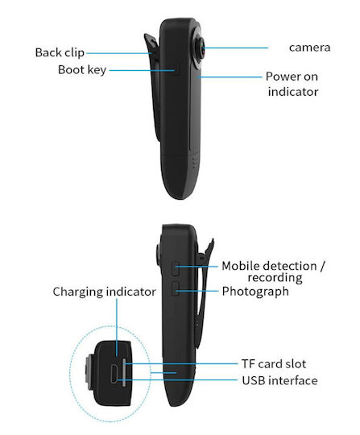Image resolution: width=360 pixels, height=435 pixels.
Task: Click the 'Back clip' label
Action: click(x=60, y=52)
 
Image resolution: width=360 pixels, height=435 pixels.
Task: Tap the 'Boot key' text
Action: click(x=82, y=70)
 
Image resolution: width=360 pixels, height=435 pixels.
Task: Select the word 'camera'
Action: click(x=309, y=48)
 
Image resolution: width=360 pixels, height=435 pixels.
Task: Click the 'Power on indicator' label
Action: click(x=292, y=84)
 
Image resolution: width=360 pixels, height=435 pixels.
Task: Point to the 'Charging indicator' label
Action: click(x=104, y=292)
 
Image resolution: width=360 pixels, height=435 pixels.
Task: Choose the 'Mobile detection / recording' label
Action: click(x=274, y=271)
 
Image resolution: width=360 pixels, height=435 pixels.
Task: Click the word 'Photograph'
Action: click(x=255, y=292)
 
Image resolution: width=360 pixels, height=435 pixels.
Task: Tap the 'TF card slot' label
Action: click(x=274, y=364)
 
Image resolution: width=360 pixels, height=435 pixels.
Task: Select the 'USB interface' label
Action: click(x=279, y=380)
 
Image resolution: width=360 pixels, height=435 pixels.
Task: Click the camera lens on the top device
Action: click(x=201, y=48)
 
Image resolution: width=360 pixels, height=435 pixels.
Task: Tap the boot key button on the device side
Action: click(x=176, y=69)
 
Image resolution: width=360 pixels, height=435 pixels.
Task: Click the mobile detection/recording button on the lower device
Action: click(x=176, y=268)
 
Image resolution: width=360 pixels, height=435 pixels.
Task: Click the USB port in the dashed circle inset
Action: click(x=114, y=374)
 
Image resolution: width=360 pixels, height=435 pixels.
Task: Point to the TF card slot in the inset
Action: click(x=124, y=372)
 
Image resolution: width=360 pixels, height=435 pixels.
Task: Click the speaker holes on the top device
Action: click(x=195, y=163)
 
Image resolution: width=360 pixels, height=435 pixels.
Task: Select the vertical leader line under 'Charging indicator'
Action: click(x=117, y=328)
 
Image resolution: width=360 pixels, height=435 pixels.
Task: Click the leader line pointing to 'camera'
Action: click(x=236, y=48)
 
